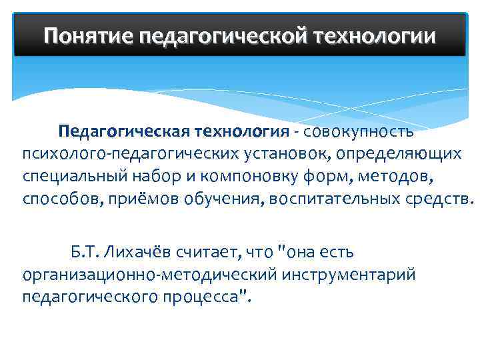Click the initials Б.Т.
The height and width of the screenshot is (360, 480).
[83, 253]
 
